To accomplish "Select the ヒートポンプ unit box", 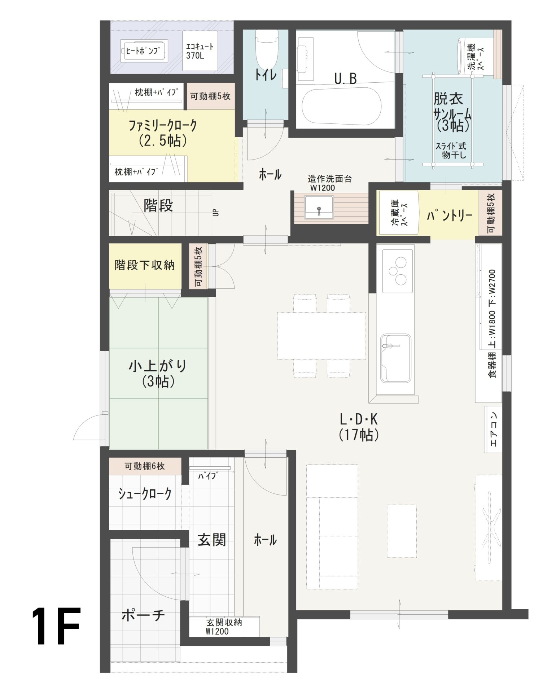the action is click(x=144, y=51).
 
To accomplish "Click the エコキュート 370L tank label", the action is click(x=200, y=51).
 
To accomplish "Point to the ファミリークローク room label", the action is click(x=163, y=132).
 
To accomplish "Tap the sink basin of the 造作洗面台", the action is click(x=319, y=208).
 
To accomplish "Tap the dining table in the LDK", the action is click(x=321, y=336).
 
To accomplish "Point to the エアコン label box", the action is click(x=493, y=429).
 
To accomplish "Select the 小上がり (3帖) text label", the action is click(x=158, y=374).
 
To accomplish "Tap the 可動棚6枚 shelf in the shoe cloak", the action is click(x=145, y=466).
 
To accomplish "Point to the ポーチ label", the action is click(x=143, y=615).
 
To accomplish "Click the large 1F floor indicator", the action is click(x=56, y=626).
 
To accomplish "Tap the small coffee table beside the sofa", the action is click(x=402, y=531).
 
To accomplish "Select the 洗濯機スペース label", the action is click(x=476, y=57).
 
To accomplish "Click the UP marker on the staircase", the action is click(x=216, y=213).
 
